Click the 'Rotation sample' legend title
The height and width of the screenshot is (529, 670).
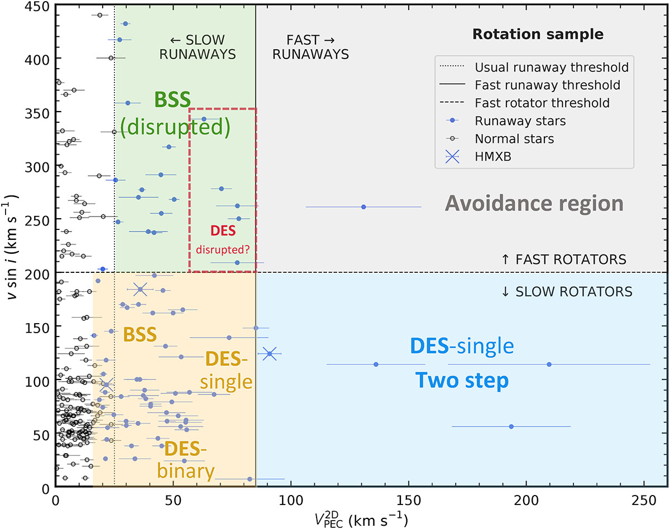(538, 34)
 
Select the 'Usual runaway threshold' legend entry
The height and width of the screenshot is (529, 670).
(552, 68)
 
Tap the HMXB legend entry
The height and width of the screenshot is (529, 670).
(493, 157)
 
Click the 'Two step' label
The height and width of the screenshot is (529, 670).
(461, 381)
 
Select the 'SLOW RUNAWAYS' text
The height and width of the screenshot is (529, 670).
(198, 47)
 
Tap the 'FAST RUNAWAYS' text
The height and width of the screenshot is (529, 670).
(309, 47)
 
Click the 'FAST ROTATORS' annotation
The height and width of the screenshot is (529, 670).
(564, 259)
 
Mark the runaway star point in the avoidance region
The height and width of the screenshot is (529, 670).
(363, 207)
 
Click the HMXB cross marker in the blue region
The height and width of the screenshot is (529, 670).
(270, 354)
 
